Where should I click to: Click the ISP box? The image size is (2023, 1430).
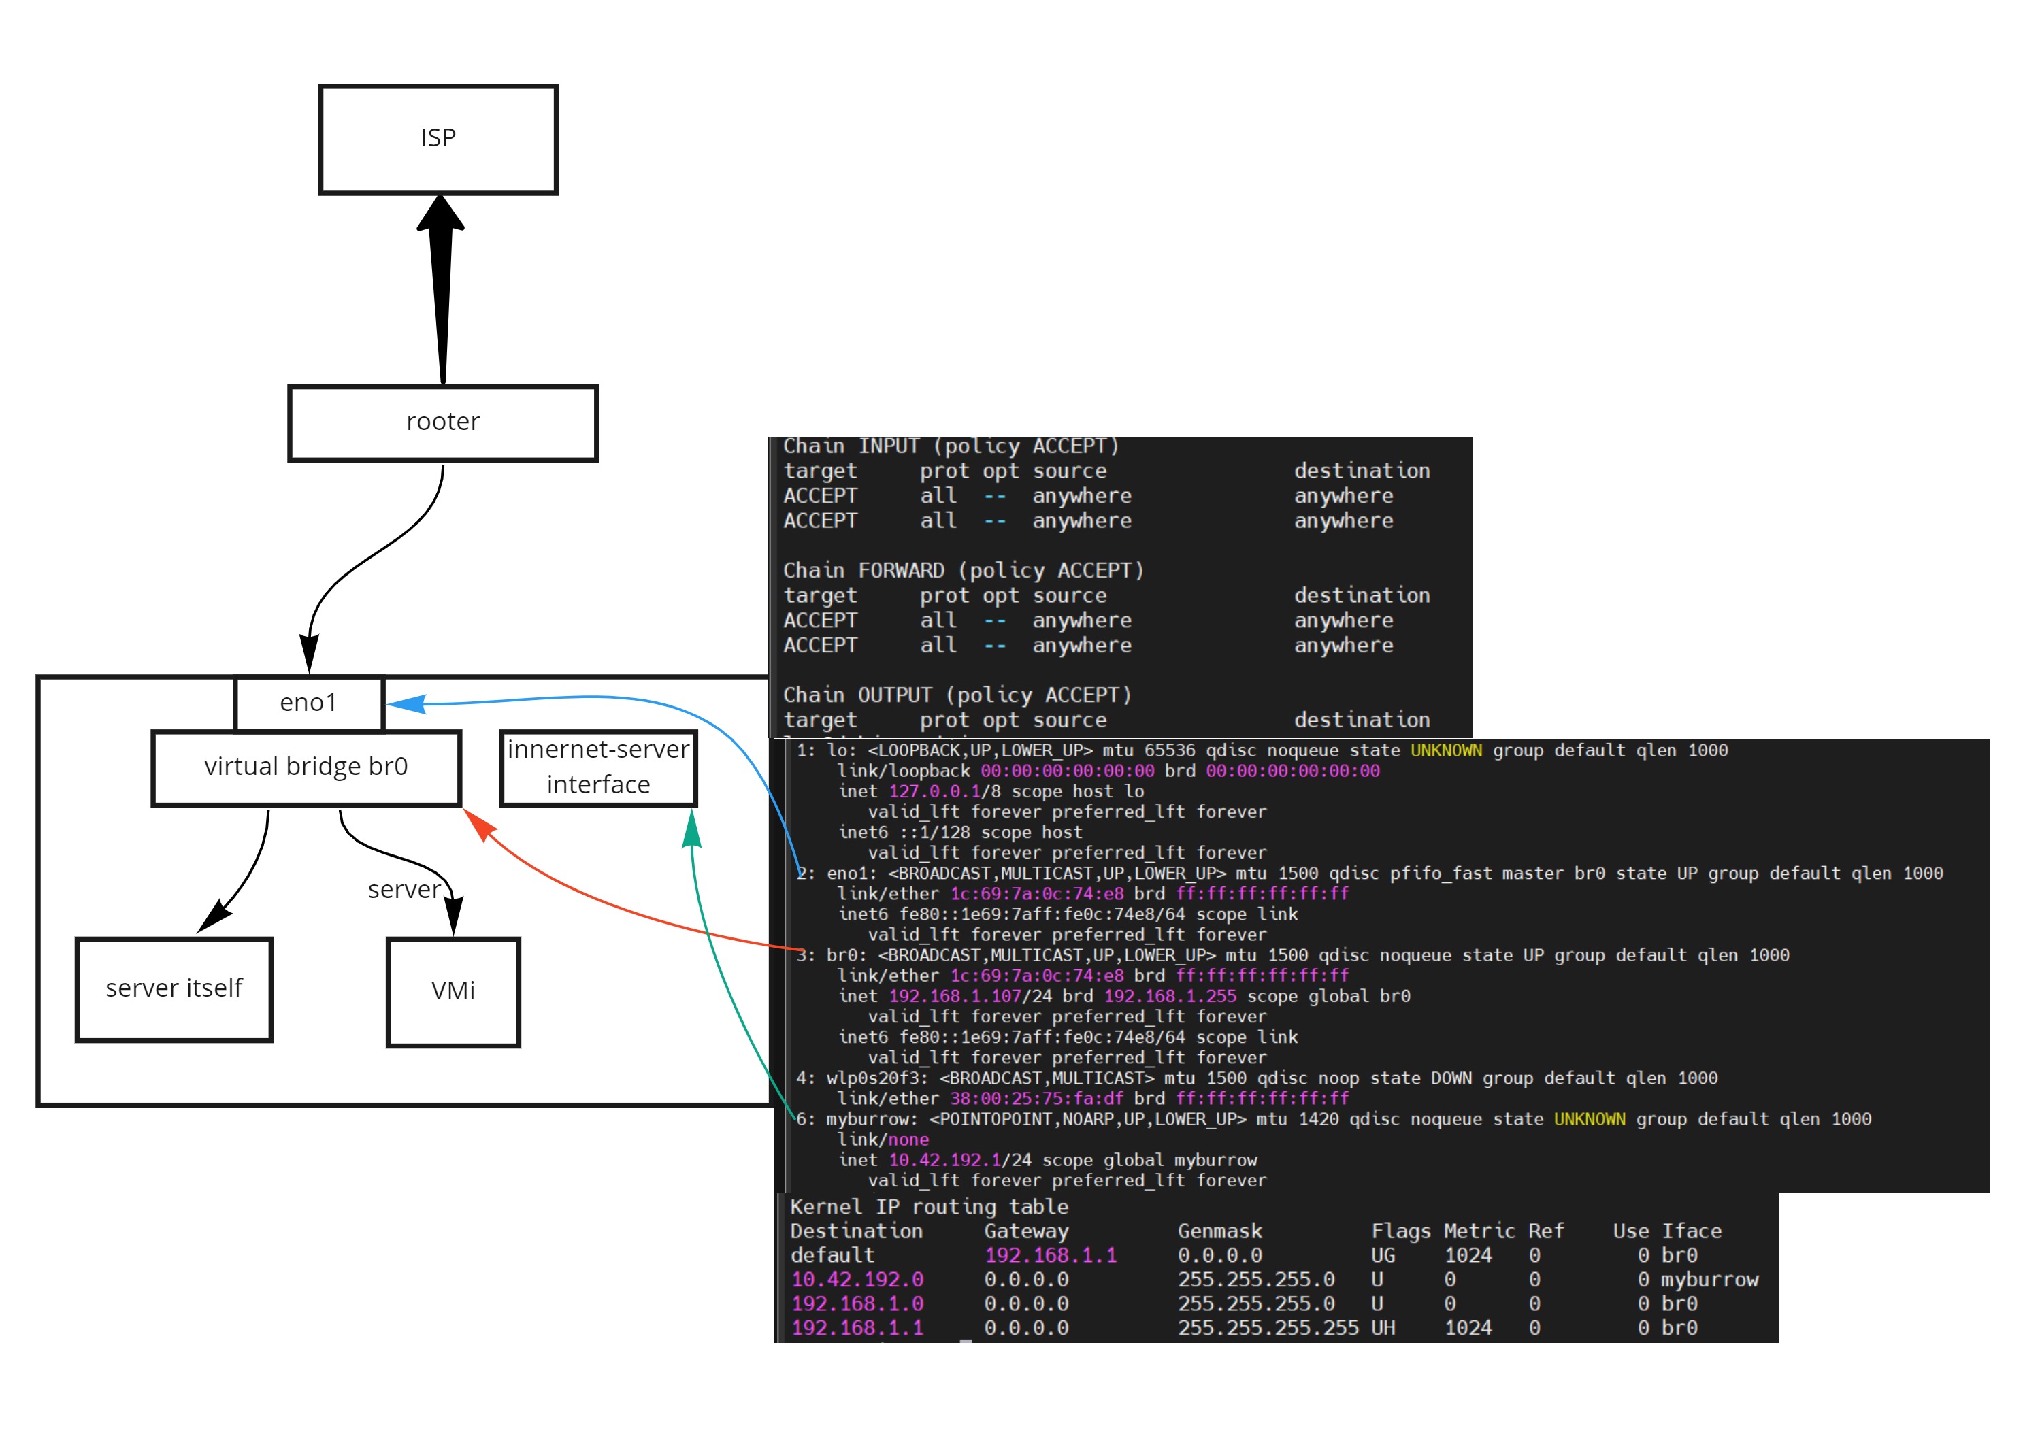[438, 139]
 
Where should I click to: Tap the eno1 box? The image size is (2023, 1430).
[308, 703]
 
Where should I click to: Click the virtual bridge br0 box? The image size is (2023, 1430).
[306, 767]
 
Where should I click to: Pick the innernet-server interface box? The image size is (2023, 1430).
[598, 767]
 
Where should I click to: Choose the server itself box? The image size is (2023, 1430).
[174, 988]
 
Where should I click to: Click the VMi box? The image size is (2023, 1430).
[453, 991]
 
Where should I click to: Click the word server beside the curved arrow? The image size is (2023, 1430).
[404, 890]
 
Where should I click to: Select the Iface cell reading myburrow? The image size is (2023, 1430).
[1709, 1280]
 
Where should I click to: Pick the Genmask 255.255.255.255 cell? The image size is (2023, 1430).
[1267, 1328]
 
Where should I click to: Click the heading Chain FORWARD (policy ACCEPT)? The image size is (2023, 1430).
[963, 571]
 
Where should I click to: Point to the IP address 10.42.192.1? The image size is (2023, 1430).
[944, 1161]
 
